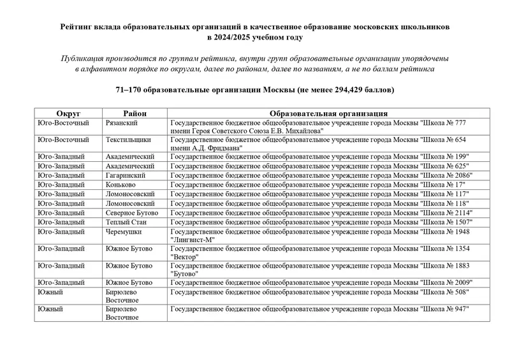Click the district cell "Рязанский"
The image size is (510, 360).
tap(123, 122)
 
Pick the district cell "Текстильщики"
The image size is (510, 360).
tap(128, 139)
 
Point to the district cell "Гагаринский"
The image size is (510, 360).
tap(126, 175)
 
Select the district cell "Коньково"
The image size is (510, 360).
tap(122, 184)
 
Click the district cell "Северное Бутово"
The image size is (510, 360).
tap(133, 212)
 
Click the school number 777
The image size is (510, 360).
tap(459, 122)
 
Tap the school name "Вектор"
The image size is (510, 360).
tap(184, 256)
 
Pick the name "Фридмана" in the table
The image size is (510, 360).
tap(222, 148)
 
